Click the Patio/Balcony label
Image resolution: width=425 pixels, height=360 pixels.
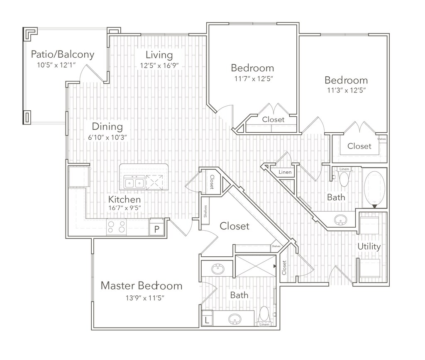[x=63, y=54]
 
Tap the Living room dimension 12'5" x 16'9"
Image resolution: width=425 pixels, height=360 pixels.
[x=159, y=66]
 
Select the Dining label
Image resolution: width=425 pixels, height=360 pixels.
[x=107, y=126]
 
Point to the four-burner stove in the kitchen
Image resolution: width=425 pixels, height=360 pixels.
[x=117, y=227]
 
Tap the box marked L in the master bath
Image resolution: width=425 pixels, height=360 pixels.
[x=207, y=320]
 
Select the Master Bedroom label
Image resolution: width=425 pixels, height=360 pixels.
[x=142, y=285]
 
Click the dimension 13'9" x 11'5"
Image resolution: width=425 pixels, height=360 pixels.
[x=142, y=297]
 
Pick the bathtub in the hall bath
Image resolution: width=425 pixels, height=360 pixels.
[x=375, y=189]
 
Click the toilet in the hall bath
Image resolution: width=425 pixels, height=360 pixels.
[x=344, y=179]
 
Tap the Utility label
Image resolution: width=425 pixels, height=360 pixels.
[x=369, y=247]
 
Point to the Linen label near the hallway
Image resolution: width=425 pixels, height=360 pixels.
[x=285, y=172]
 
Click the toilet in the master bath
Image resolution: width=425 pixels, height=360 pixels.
[x=264, y=316]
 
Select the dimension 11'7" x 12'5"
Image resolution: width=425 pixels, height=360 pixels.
[x=252, y=78]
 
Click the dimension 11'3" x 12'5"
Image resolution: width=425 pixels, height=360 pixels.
[x=346, y=90]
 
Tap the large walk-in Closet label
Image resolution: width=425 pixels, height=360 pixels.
[x=234, y=226]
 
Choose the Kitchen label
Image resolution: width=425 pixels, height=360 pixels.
[x=125, y=199]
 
